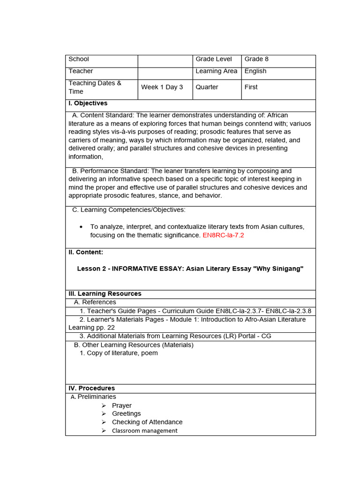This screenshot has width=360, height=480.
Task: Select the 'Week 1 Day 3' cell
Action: click(162, 87)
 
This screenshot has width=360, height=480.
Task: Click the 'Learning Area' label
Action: click(216, 71)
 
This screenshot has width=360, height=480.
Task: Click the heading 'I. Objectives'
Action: click(88, 103)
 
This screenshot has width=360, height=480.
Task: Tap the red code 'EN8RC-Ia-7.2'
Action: click(223, 235)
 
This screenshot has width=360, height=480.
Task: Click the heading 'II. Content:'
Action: click(86, 252)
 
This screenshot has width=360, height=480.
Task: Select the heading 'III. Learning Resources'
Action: click(105, 294)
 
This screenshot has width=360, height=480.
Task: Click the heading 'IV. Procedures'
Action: click(91, 388)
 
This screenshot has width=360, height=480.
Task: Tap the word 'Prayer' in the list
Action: click(121, 405)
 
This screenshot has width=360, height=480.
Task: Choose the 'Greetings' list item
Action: click(126, 413)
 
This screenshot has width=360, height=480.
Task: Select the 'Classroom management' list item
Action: click(144, 430)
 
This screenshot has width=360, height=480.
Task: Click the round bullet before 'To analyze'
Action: click(81, 227)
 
